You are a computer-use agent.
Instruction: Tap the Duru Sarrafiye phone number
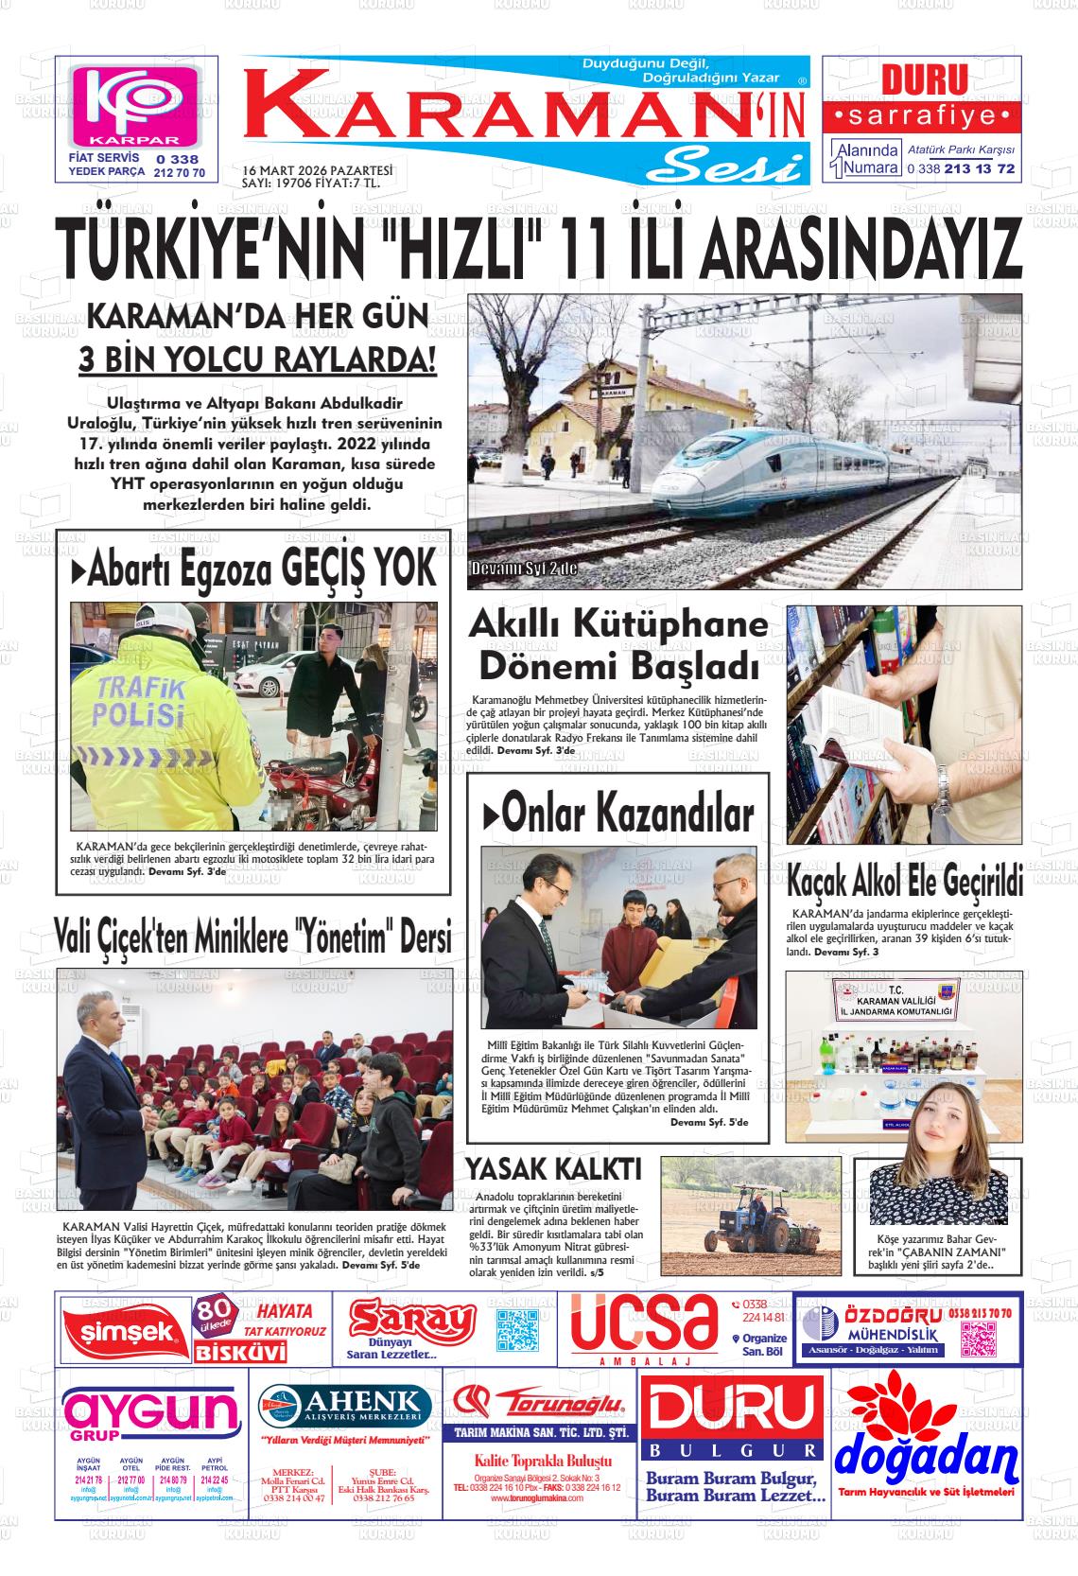pyautogui.click(x=961, y=169)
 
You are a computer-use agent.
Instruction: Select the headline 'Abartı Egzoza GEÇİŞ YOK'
pyautogui.click(x=253, y=569)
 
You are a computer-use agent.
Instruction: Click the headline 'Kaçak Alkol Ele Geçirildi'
pyautogui.click(x=905, y=884)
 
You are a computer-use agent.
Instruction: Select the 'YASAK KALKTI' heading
pyautogui.click(x=554, y=1168)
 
